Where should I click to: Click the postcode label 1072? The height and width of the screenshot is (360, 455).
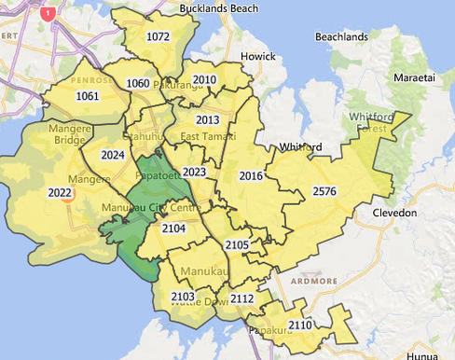click(159, 36)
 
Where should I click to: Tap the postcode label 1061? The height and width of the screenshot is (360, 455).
click(88, 96)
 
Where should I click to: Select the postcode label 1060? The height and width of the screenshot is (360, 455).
click(137, 84)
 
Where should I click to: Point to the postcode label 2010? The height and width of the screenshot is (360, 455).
click(204, 80)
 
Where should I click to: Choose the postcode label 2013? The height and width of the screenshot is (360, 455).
click(207, 120)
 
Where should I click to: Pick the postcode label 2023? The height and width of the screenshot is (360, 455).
click(194, 173)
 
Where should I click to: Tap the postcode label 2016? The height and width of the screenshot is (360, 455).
click(251, 175)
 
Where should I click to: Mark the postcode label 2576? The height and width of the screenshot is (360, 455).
click(324, 191)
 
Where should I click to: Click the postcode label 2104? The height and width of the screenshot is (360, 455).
click(173, 228)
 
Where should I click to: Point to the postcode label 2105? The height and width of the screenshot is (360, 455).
click(237, 244)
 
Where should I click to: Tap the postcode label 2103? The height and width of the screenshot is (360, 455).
click(183, 296)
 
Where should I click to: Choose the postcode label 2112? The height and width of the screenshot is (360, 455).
click(241, 298)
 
